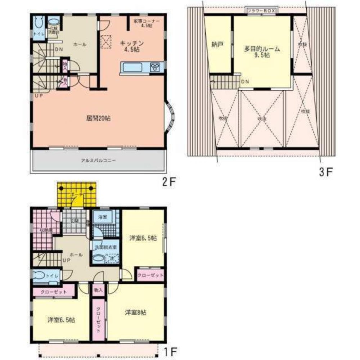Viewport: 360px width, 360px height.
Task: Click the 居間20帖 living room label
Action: (x=98, y=118)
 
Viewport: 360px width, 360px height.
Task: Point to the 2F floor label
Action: (x=168, y=181)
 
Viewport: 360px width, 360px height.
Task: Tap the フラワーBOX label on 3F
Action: (x=261, y=11)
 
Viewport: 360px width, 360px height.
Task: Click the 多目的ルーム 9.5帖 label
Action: (x=262, y=51)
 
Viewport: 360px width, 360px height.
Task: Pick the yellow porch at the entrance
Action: (x=76, y=195)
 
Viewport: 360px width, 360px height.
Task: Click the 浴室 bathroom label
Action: (x=103, y=217)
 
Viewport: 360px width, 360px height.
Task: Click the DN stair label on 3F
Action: (x=244, y=82)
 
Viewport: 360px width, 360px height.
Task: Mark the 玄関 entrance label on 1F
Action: (x=74, y=221)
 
